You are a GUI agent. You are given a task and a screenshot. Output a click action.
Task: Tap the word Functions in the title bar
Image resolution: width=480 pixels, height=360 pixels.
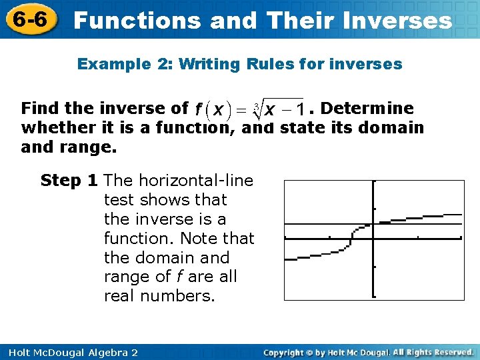point(137,20)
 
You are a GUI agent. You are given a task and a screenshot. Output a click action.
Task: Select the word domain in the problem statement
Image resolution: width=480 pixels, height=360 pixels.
point(391,127)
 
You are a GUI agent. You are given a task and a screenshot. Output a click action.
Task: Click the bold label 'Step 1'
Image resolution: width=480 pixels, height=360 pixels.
point(70,180)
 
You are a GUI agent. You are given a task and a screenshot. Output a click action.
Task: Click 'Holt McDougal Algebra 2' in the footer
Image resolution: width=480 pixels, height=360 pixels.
point(69,352)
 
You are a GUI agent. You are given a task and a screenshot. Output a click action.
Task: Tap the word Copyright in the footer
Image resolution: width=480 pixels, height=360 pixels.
point(290,352)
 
